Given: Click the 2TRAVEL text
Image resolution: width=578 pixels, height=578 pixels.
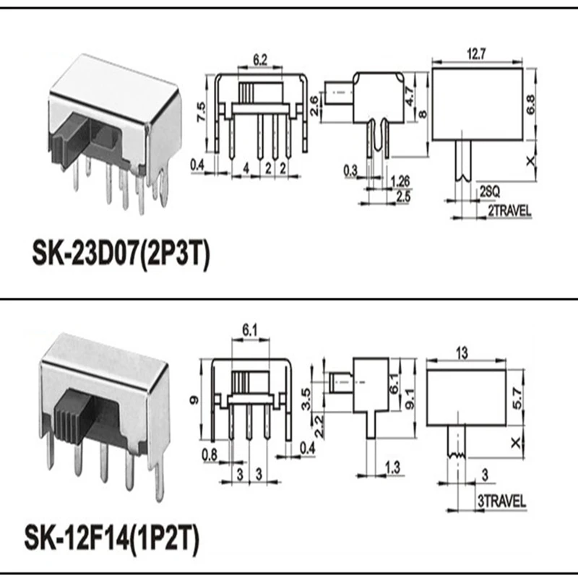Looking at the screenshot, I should pos(505,210).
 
